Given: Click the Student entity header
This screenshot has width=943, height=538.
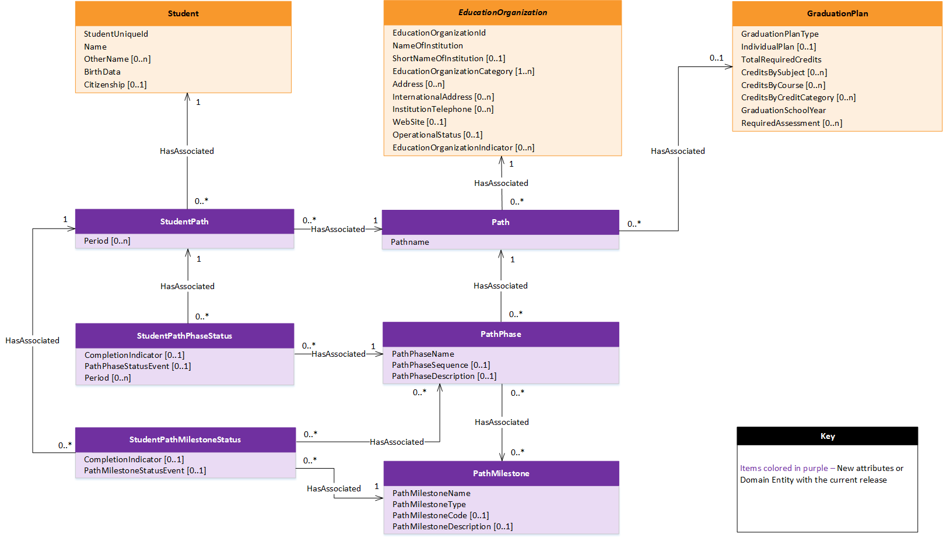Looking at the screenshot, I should point(183,13).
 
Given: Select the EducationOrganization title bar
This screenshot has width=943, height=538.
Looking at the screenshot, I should point(502,12).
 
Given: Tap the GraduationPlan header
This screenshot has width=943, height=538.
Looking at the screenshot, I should point(837,13).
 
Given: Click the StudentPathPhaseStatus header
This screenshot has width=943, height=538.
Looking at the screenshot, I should point(184,336).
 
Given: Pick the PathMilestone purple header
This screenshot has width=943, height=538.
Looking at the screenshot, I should point(501,473).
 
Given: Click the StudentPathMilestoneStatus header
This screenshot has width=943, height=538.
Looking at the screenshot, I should point(185,439).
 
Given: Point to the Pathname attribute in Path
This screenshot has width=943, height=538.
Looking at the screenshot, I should point(410,242).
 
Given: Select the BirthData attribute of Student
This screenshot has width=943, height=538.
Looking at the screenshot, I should point(102,72).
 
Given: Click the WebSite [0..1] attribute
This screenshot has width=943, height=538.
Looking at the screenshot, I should point(419,122).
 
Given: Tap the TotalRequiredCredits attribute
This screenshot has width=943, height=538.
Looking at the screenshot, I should point(781,59).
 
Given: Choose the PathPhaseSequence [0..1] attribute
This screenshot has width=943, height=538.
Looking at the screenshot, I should point(441,365).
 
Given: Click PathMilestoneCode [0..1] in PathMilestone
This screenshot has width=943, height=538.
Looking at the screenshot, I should point(440,515).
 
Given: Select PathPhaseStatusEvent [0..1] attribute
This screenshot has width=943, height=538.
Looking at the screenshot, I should point(138,366).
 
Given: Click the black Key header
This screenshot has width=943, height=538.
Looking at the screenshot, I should point(827,436).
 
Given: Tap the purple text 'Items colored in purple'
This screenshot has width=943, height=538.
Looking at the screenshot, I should point(784,468).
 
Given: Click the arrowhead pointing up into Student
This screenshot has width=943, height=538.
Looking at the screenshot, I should point(187,97).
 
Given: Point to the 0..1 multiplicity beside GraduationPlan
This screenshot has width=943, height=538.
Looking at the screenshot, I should point(716,58).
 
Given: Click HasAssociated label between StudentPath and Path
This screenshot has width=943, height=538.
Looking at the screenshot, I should point(338,229).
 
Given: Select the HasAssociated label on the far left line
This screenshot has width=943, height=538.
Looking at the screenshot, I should point(32,340).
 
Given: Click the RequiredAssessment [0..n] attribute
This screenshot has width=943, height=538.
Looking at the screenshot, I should point(791,123).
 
